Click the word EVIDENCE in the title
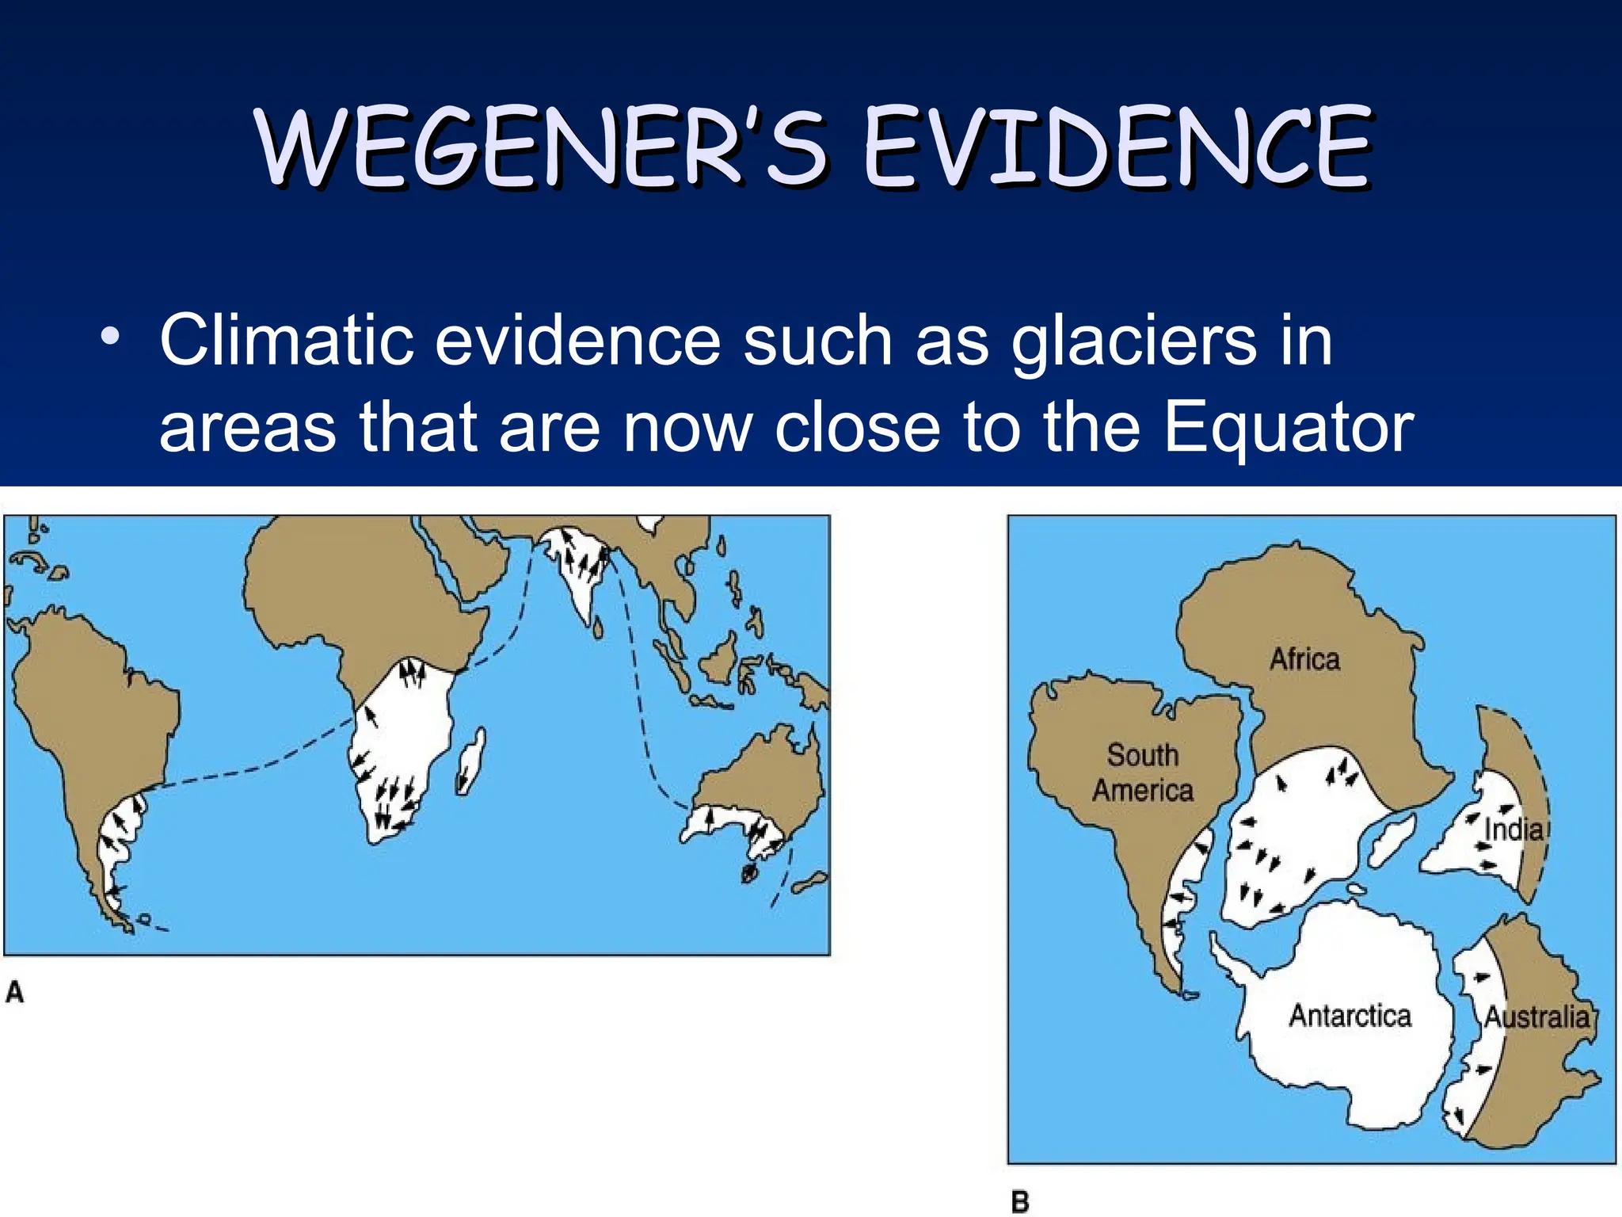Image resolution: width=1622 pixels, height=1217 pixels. coord(1117,148)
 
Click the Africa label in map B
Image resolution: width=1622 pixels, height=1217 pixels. coord(1304,659)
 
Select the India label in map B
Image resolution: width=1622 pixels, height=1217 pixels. coord(1513,830)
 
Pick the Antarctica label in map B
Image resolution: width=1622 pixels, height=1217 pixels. coord(1350,1016)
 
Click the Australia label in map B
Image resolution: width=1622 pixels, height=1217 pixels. coord(1536,1017)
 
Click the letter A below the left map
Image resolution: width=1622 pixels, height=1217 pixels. coord(15,992)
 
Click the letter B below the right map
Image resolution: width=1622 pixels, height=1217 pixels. coord(1020,1202)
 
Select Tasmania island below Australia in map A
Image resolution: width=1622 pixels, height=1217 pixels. coord(749,874)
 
